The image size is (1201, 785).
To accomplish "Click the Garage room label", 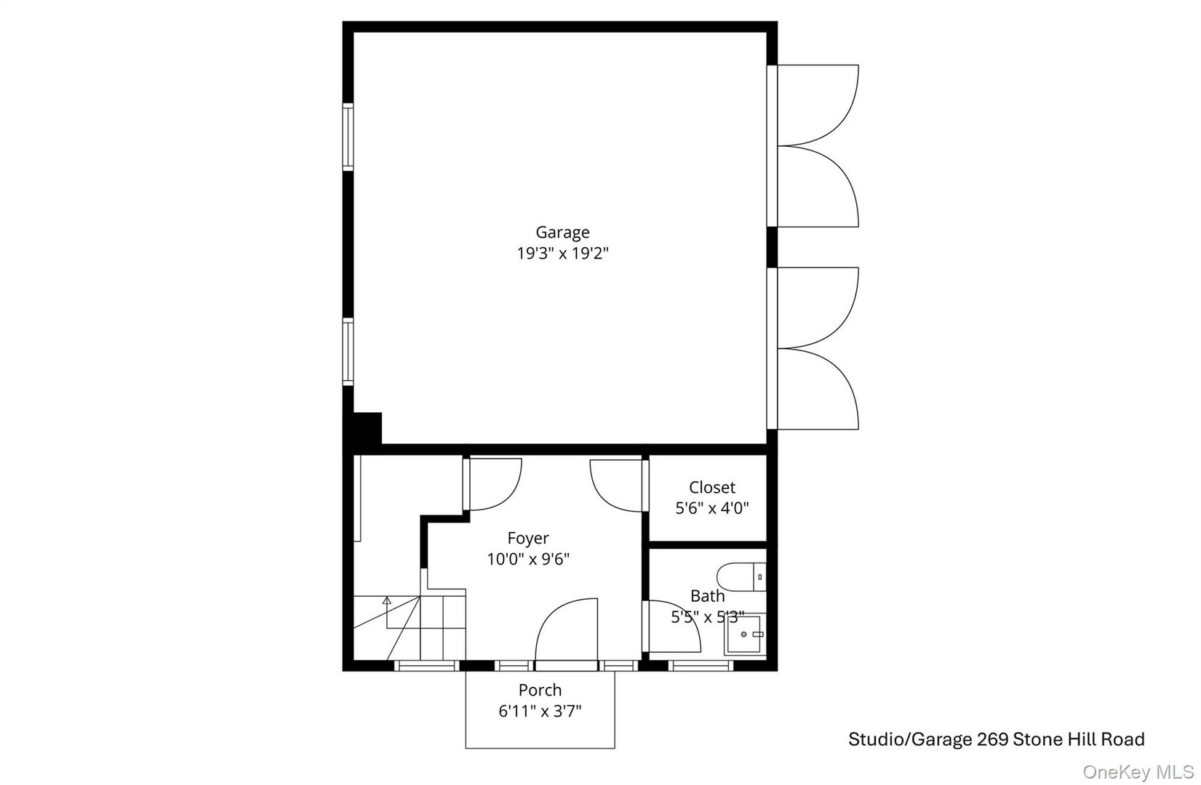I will (x=562, y=233).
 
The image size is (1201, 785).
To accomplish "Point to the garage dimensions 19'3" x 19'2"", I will (x=562, y=254).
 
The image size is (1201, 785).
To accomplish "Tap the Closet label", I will (x=712, y=488).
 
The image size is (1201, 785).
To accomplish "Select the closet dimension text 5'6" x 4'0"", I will (x=712, y=508).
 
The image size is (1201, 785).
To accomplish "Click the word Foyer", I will (x=528, y=539).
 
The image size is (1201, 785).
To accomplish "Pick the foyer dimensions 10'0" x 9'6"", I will (x=528, y=559).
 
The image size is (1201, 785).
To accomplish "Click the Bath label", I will (x=707, y=596).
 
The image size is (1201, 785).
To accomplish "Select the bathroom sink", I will (x=744, y=635).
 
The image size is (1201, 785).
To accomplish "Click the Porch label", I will (x=540, y=690).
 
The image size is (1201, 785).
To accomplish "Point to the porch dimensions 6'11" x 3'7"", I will (x=540, y=710).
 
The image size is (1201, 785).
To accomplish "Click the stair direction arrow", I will (x=387, y=602).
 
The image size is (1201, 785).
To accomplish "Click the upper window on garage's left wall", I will (x=348, y=137).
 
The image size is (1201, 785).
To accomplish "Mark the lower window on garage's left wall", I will (x=348, y=352).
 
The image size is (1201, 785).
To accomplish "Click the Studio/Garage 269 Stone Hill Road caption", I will (x=996, y=740).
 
